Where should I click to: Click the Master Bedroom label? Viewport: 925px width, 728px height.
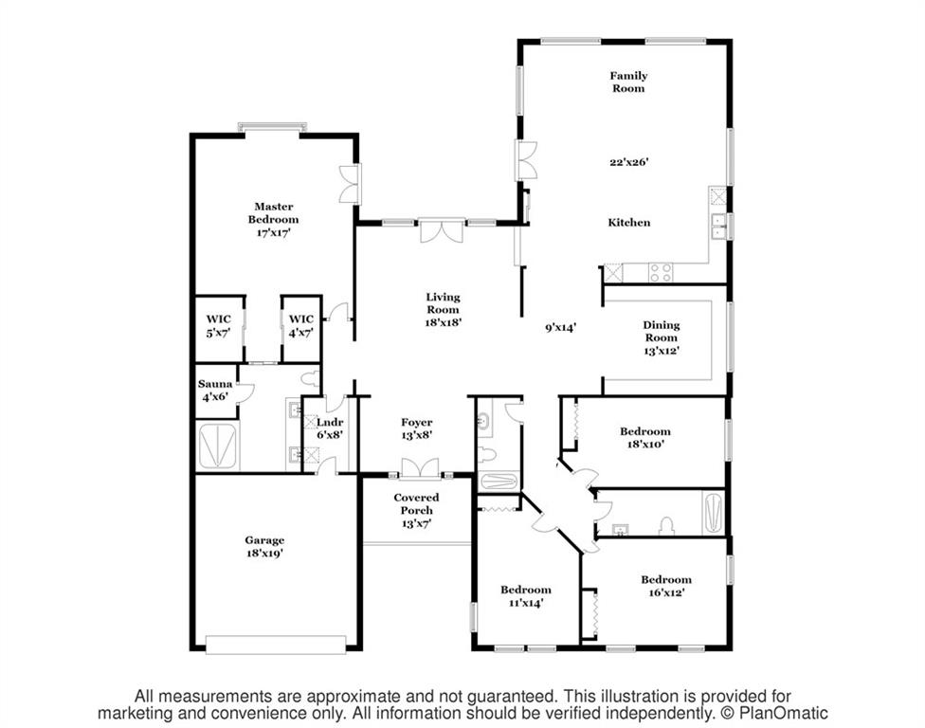pyautogui.click(x=273, y=220)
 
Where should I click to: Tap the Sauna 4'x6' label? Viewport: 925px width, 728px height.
pyautogui.click(x=215, y=391)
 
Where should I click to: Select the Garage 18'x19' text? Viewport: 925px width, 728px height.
pyautogui.click(x=264, y=546)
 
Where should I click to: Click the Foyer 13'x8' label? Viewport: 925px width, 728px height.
pyautogui.click(x=416, y=428)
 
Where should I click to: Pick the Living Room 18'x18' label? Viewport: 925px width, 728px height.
pyautogui.click(x=443, y=310)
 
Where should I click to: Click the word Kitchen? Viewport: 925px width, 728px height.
pyautogui.click(x=629, y=223)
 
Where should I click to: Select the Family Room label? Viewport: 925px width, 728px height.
pyautogui.click(x=628, y=82)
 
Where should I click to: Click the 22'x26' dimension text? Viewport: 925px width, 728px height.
pyautogui.click(x=629, y=162)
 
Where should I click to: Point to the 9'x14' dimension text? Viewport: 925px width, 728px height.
pyautogui.click(x=560, y=327)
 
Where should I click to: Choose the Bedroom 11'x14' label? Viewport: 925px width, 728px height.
pyautogui.click(x=526, y=596)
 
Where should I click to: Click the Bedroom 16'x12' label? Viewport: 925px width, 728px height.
pyautogui.click(x=666, y=586)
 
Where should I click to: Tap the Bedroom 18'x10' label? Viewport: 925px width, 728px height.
pyautogui.click(x=645, y=438)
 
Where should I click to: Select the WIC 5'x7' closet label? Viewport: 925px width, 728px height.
pyautogui.click(x=218, y=326)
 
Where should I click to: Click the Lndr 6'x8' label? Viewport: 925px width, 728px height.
pyautogui.click(x=330, y=428)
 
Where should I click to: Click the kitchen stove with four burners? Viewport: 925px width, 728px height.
pyautogui.click(x=661, y=273)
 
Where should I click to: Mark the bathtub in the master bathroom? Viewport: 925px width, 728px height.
pyautogui.click(x=218, y=446)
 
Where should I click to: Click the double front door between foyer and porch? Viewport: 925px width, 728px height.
pyautogui.click(x=420, y=468)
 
